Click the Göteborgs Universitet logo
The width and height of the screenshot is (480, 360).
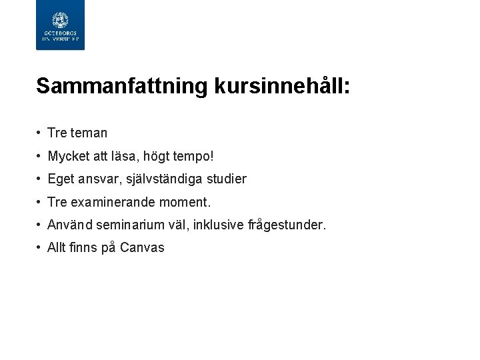(60, 25)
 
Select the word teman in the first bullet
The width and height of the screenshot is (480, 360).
(88, 133)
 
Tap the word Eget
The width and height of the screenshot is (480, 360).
(61, 179)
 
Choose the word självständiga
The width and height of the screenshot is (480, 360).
(169, 179)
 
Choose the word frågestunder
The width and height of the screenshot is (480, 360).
(287, 225)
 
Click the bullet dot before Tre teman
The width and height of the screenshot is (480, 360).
(39, 133)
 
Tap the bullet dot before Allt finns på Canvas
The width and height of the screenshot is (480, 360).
(39, 248)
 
